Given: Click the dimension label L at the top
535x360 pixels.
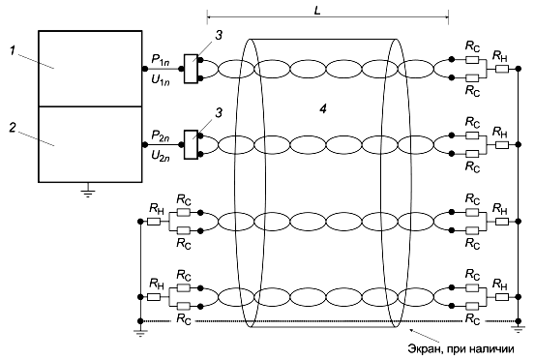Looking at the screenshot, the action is point(317,11).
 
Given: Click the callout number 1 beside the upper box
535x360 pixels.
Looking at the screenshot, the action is point(13,51).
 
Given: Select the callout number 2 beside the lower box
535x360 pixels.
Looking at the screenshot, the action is point(13,128).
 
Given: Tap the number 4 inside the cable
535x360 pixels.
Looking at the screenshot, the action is point(323,108).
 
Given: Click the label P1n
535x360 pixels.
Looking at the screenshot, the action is point(161,60).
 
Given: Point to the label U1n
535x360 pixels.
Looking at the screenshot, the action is point(161,80).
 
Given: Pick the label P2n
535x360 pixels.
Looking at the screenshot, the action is point(161,135).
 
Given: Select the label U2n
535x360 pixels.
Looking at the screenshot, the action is point(161,156).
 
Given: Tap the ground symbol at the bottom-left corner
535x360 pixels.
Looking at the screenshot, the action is point(140,333).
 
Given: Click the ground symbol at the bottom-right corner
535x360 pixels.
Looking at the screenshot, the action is point(518,329).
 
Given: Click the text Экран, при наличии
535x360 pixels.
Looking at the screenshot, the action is point(461,349).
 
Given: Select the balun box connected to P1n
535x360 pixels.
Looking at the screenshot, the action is point(191,69).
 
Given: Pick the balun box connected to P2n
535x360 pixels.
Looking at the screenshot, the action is point(191,145).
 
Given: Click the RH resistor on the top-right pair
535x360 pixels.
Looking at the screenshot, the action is point(502,69).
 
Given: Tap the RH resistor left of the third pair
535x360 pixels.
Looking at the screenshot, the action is point(154,222).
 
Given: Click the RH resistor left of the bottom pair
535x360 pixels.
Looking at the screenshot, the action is point(154,297).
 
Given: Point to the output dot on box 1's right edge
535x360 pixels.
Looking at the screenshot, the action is point(145,69).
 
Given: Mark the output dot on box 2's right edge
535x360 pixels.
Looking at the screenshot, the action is point(145,145).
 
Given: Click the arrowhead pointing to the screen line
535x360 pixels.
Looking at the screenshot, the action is point(412,330).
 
